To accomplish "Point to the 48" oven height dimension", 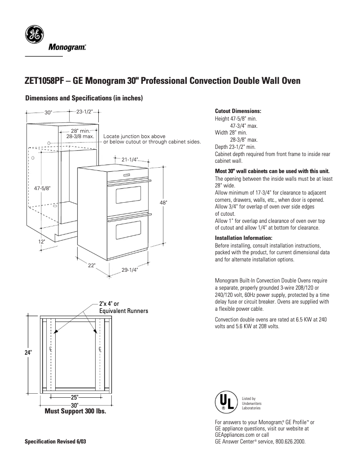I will point(163,203).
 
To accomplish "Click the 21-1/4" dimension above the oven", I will point(129,159).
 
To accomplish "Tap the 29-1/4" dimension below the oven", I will point(129,269).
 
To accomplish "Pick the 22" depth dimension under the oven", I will point(91,265).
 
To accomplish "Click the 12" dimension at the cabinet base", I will point(41,241).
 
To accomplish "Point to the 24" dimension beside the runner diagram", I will point(28,353).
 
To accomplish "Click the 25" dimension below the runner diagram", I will point(75,397).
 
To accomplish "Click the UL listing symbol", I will point(225,402).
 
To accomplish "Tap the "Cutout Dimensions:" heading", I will point(238,111).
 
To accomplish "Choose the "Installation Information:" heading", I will point(244,238).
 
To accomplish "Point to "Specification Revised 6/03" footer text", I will point(55,442).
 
